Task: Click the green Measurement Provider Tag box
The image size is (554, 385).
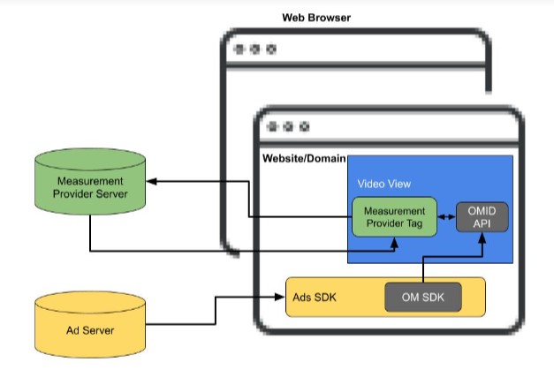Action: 394,216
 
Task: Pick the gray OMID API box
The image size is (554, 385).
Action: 482,216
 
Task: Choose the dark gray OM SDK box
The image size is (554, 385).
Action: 422,298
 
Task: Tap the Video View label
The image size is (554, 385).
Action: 383,185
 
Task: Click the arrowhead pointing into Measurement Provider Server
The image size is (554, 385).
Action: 151,181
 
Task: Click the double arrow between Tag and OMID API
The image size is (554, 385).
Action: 446,216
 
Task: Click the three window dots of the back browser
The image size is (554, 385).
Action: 254,49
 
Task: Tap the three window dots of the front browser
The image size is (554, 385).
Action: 287,127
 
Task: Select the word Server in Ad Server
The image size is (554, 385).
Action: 108,331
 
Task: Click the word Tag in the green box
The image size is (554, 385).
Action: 418,223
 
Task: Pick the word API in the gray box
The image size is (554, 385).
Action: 482,223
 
